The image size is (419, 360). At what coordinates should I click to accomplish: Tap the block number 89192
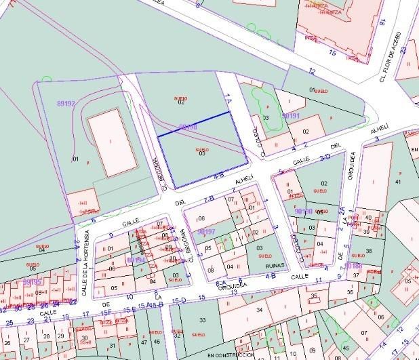[66, 103]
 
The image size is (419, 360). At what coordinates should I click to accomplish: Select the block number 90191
[291, 116]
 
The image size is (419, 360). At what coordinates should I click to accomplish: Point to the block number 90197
[206, 231]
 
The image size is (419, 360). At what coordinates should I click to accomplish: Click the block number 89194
[136, 260]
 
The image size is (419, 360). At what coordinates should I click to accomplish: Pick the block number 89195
[32, 281]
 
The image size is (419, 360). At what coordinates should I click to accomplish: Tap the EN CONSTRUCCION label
[230, 355]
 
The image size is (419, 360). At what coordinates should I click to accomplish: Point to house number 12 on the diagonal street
[312, 71]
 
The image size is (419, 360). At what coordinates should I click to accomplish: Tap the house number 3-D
[324, 157]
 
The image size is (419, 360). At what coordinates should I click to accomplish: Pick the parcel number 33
[202, 319]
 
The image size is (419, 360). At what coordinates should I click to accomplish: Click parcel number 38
[369, 251]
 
